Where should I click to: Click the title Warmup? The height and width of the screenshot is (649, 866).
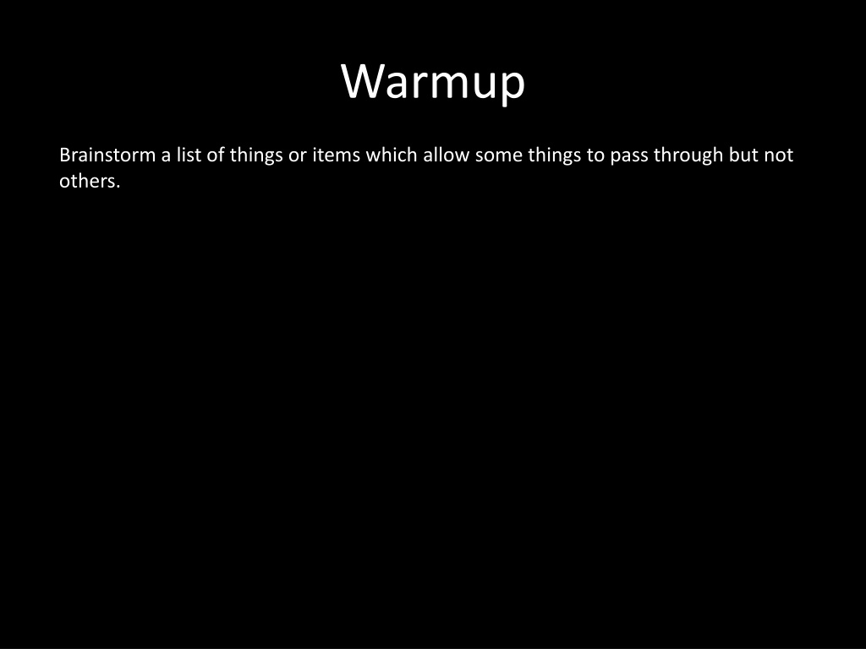coord(433,82)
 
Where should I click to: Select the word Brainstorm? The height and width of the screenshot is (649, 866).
coord(107,155)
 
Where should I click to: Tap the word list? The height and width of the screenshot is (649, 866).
coord(189,155)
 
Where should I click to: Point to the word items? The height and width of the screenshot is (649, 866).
coord(337,155)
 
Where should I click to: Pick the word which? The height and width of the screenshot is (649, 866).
coord(392,155)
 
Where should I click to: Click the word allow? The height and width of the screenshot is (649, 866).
coord(447,155)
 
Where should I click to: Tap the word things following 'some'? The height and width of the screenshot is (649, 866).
coord(555,155)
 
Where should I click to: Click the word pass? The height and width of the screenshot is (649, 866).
coord(629,157)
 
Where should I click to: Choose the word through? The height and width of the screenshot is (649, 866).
coord(688,155)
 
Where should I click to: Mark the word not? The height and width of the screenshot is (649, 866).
coord(779,155)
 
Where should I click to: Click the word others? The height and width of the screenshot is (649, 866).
coord(87,181)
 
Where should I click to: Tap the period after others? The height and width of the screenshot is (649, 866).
coord(118,188)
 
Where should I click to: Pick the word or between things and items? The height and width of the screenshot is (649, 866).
coord(297,156)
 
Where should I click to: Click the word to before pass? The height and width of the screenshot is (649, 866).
coord(595,155)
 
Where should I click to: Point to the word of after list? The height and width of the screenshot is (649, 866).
coord(216,155)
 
